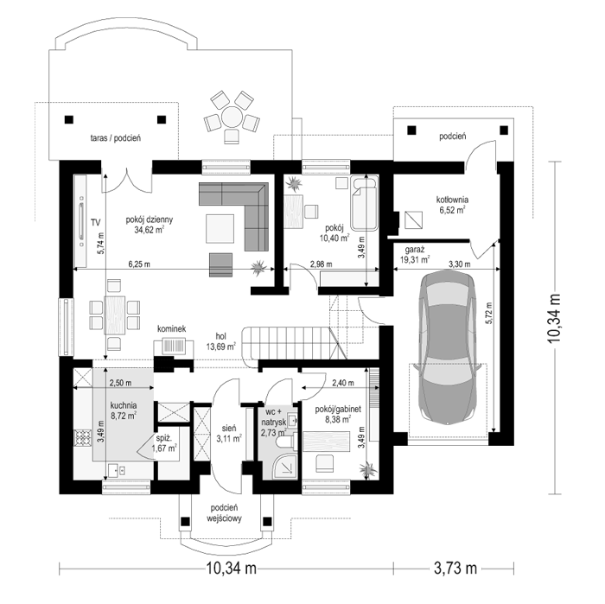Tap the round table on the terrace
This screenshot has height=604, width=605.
pyautogui.click(x=232, y=117)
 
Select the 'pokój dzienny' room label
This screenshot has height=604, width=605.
pyautogui.click(x=150, y=219)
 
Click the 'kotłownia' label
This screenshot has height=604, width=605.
pyautogui.click(x=452, y=200)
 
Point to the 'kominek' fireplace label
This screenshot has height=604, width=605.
pyautogui.click(x=171, y=328)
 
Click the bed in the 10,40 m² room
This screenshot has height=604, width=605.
pyautogui.click(x=364, y=203)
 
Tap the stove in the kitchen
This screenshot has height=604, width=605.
pyautogui.click(x=82, y=438)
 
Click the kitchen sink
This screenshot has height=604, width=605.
pyautogui.click(x=117, y=470)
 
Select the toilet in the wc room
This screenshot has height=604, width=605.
pyautogui.click(x=287, y=442)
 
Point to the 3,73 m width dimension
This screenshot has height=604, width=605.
pyautogui.click(x=455, y=568)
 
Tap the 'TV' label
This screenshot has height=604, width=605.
pyautogui.click(x=95, y=222)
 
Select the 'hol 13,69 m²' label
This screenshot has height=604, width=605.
pyautogui.click(x=220, y=341)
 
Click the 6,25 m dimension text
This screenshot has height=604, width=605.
pyautogui.click(x=139, y=264)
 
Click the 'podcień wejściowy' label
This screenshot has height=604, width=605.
pyautogui.click(x=224, y=513)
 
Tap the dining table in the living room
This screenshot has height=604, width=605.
pyautogui.click(x=115, y=315)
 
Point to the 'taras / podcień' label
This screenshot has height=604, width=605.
pyautogui.click(x=115, y=137)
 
